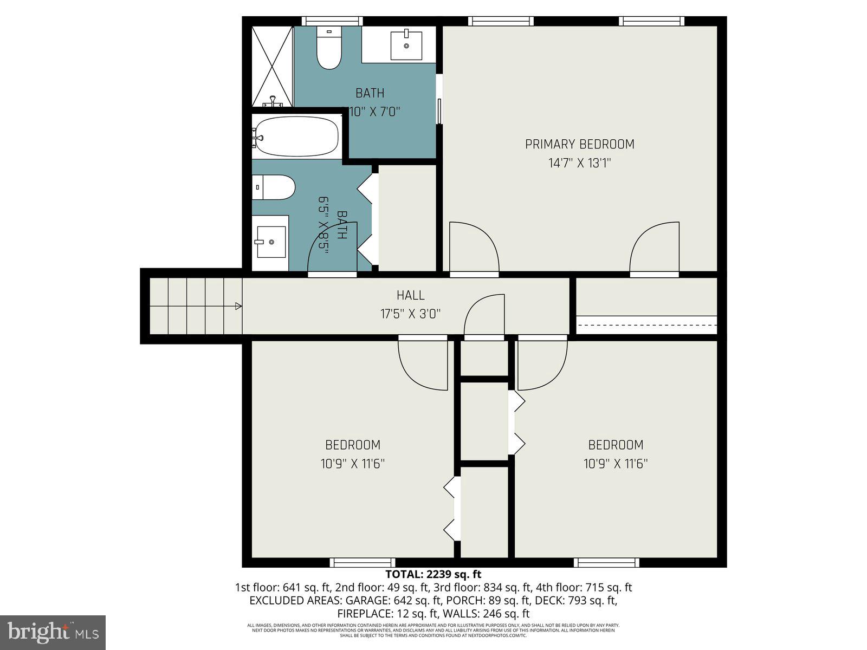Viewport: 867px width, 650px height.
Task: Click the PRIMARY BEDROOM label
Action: [x=579, y=144]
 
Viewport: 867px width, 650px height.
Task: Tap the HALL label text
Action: [x=410, y=295]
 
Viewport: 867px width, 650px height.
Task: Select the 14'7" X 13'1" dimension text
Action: [x=579, y=163]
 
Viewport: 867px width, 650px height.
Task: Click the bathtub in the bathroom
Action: [x=297, y=138]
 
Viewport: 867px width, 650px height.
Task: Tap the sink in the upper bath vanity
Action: [x=406, y=45]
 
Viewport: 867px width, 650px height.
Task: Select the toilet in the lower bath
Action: [x=274, y=187]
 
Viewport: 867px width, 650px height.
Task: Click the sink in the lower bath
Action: [x=270, y=242]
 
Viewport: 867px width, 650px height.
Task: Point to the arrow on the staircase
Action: [x=237, y=306]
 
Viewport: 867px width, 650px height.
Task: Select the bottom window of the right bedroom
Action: [x=606, y=563]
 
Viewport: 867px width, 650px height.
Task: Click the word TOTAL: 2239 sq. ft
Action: [x=433, y=574]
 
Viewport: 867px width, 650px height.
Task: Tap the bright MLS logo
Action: [x=53, y=632]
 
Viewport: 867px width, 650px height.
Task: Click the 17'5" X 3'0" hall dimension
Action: [x=410, y=314]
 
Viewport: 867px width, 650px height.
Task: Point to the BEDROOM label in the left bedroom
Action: [x=352, y=445]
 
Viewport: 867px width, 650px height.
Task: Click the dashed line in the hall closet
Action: [x=646, y=325]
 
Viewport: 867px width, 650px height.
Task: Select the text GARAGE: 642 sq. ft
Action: [x=386, y=601]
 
